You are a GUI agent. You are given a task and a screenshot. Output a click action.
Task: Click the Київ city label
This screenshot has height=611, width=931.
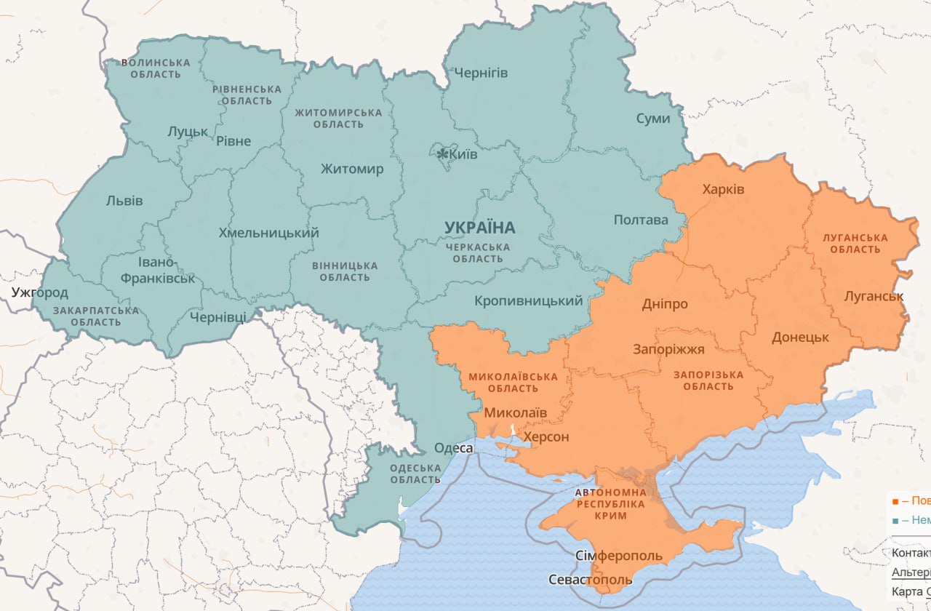pyautogui.click(x=463, y=154)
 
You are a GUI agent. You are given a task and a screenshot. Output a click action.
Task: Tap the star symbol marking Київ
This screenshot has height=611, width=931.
pyautogui.click(x=442, y=153)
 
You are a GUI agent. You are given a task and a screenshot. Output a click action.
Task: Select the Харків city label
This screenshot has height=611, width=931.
pyautogui.click(x=723, y=189)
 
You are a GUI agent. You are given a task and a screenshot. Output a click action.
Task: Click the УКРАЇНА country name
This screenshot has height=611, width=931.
pyautogui.click(x=479, y=228)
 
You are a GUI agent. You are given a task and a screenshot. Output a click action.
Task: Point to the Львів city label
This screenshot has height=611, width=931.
pyautogui.click(x=124, y=201)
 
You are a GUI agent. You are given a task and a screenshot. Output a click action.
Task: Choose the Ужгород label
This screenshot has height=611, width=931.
pyautogui.click(x=39, y=293)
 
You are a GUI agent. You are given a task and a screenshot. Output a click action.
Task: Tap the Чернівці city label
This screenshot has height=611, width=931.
pyautogui.click(x=217, y=317)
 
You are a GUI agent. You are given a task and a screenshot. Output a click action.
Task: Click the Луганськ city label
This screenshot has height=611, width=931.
pyautogui.click(x=874, y=296)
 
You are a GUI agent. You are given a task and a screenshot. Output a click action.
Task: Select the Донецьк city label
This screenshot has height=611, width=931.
pyautogui.click(x=800, y=338)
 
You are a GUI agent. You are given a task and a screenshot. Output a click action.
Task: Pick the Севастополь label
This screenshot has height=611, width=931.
pyautogui.click(x=590, y=580)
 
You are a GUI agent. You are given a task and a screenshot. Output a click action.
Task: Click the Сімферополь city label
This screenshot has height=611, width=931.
pyautogui.click(x=619, y=556)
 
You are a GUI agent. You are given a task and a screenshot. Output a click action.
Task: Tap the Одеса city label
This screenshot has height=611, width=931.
pyautogui.click(x=454, y=448)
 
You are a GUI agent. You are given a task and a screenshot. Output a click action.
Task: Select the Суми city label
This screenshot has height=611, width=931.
pyautogui.click(x=652, y=118)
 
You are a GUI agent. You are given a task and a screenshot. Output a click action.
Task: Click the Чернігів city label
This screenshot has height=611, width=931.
pyautogui.click(x=481, y=73)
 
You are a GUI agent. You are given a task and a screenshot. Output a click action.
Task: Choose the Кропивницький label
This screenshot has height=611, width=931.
pyautogui.click(x=528, y=300)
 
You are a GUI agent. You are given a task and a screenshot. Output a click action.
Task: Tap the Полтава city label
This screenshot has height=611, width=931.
pyautogui.click(x=640, y=220)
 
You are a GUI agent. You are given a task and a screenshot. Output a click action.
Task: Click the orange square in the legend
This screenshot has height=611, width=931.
pyautogui.click(x=895, y=501)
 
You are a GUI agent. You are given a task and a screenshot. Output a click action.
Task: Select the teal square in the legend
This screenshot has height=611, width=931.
pyautogui.click(x=895, y=520)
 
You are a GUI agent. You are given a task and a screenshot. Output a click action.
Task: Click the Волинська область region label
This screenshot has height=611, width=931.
pyautogui.click(x=156, y=68)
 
